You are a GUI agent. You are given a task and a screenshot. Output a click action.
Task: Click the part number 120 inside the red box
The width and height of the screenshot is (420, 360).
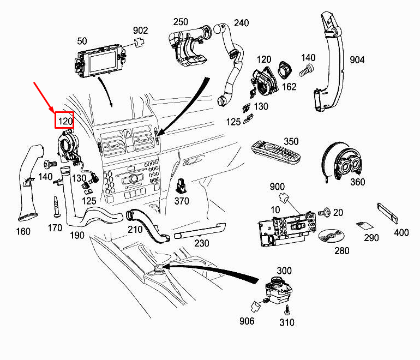[65, 121]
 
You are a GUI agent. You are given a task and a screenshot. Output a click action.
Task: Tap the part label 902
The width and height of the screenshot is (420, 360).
[140, 30]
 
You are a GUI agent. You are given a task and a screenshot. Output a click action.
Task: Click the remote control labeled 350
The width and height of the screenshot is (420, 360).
[275, 151]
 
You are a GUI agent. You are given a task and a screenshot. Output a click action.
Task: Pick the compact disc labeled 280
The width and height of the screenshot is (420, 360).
[331, 236]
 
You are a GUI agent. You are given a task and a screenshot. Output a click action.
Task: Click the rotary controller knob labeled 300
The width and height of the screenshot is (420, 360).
[279, 290]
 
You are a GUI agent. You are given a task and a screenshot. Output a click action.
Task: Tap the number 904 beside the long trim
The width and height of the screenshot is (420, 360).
[357, 60]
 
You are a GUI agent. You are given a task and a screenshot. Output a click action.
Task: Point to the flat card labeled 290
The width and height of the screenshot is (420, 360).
[364, 225]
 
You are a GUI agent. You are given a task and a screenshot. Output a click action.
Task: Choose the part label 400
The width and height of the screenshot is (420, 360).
[401, 232]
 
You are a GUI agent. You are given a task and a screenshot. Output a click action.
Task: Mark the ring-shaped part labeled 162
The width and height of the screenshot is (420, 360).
[285, 70]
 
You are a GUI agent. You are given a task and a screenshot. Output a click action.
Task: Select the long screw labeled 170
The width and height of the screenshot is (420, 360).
[57, 207]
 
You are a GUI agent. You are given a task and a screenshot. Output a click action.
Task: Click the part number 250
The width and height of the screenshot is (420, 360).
[181, 22]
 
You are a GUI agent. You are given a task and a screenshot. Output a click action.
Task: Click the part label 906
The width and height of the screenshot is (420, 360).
[247, 321]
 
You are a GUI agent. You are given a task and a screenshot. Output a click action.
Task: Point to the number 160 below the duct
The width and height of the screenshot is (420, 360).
[23, 231]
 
